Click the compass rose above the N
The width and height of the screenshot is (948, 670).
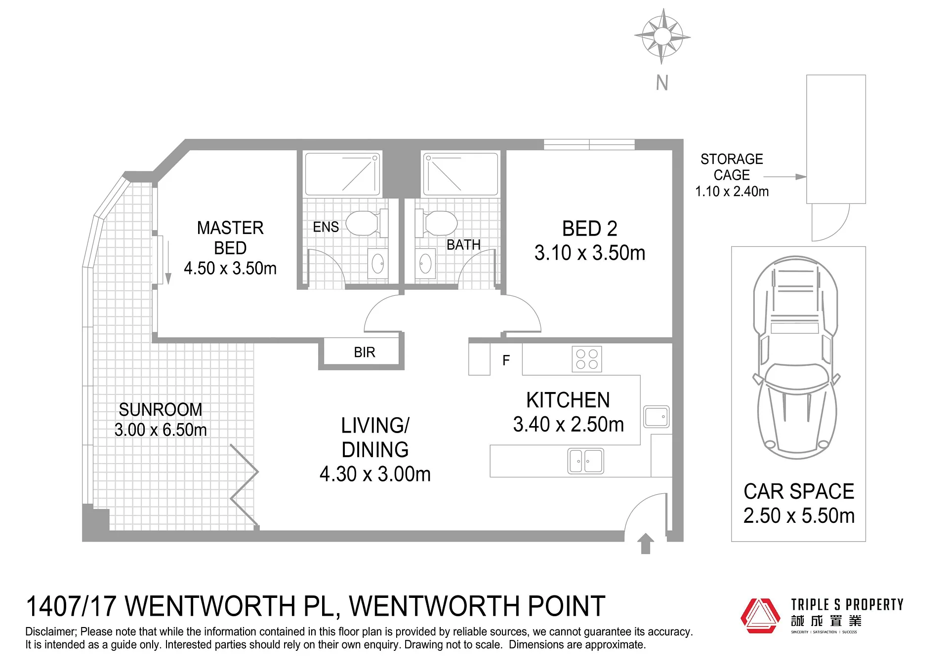coord(662,37)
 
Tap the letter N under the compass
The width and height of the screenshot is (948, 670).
coord(662,83)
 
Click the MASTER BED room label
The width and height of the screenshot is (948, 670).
coord(230,237)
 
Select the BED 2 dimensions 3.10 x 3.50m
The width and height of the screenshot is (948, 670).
coord(590,253)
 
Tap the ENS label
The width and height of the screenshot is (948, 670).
coord(326,227)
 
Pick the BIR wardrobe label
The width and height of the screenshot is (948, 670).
coord(365,352)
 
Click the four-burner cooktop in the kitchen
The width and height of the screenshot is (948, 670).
coord(587,359)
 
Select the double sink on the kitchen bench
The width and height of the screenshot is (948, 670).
coord(586,461)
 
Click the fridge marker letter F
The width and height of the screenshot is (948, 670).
coord(506,360)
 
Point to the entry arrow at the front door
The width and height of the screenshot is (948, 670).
coord(645,543)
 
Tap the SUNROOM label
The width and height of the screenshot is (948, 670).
coord(161,409)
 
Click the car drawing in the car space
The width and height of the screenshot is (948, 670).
coord(795,357)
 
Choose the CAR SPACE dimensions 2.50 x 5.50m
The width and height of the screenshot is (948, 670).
coord(799,515)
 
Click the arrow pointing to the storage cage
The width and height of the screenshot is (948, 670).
coord(785,177)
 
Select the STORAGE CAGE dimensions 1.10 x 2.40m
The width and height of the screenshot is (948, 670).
coord(732,192)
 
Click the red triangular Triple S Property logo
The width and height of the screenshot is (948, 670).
coord(761,615)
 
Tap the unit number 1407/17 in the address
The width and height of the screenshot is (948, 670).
coord(71,606)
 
